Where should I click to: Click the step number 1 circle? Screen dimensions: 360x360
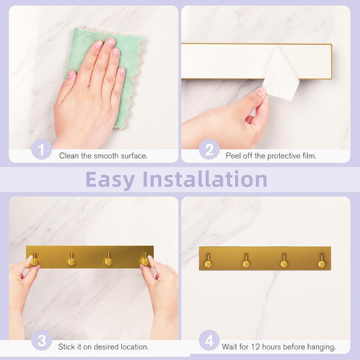(x=41, y=151)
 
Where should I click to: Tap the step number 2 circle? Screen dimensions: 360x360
(x=209, y=151)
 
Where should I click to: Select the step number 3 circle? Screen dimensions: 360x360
(x=42, y=341)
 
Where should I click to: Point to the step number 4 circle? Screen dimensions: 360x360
(x=209, y=341)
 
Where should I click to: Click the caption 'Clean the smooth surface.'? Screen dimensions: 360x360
(x=104, y=156)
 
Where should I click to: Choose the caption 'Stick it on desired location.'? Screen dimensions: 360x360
(x=104, y=346)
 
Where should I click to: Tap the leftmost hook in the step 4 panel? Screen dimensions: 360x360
(x=209, y=262)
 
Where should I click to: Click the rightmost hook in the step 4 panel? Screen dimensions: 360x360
(x=321, y=262)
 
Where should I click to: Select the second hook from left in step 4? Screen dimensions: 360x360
(x=246, y=262)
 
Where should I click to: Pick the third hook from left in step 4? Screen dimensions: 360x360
(x=284, y=262)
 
